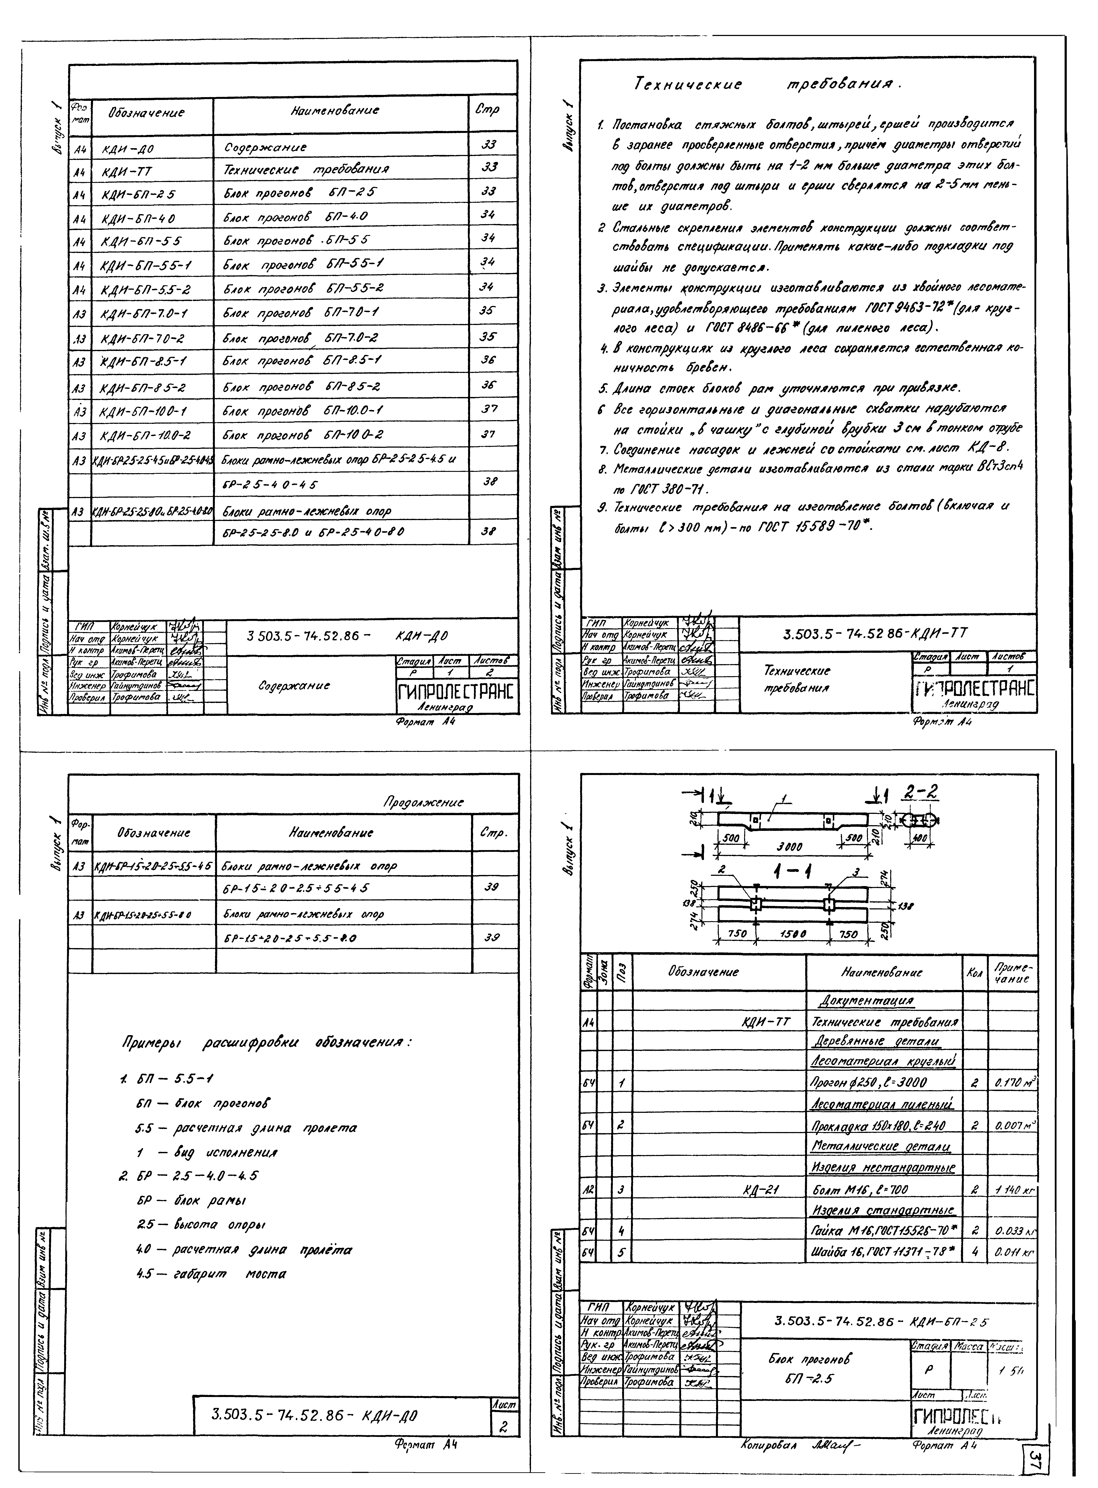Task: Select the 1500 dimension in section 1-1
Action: point(793,933)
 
